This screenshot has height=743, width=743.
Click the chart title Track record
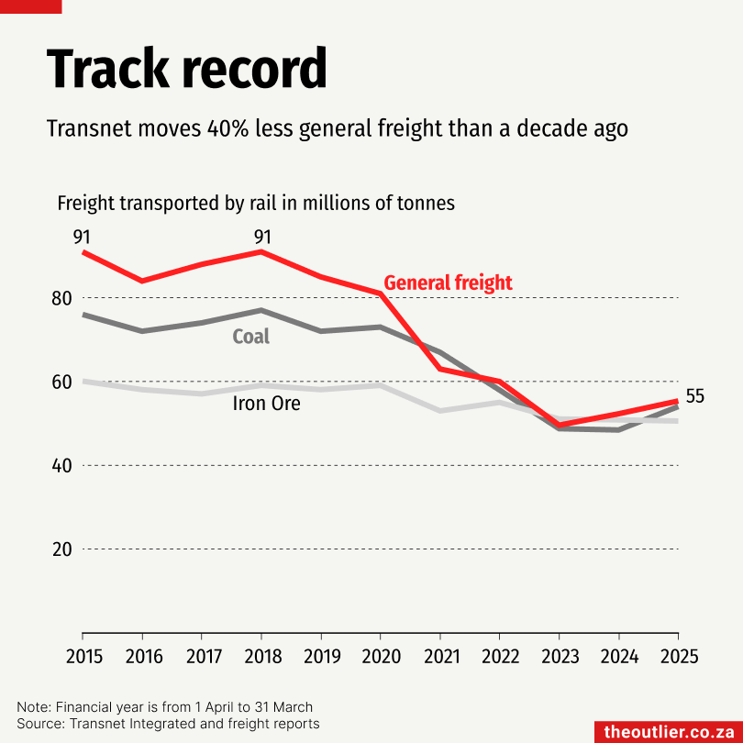pyautogui.click(x=186, y=68)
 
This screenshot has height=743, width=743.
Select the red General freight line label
pyautogui.click(x=448, y=283)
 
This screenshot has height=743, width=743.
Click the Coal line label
pyautogui.click(x=250, y=337)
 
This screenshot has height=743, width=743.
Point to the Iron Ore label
pyautogui.click(x=266, y=403)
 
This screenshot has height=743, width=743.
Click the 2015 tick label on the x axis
pyautogui.click(x=83, y=657)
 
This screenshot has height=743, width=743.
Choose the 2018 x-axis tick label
pyautogui.click(x=261, y=657)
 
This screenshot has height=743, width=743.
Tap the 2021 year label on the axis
pyautogui.click(x=439, y=657)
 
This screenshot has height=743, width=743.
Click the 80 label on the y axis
pyautogui.click(x=62, y=298)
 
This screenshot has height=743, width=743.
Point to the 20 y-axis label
pyautogui.click(x=62, y=549)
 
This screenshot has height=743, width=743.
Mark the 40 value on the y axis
pyautogui.click(x=62, y=466)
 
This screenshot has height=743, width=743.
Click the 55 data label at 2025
pyautogui.click(x=695, y=396)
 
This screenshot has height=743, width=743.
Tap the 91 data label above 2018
pyautogui.click(x=261, y=238)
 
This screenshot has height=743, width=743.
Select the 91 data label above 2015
pyautogui.click(x=83, y=238)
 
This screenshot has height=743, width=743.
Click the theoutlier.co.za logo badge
pyautogui.click(x=668, y=732)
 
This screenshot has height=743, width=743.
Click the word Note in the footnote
pyautogui.click(x=33, y=707)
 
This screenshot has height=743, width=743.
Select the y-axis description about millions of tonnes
pyautogui.click(x=256, y=203)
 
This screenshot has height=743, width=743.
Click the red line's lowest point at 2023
pyautogui.click(x=559, y=425)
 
